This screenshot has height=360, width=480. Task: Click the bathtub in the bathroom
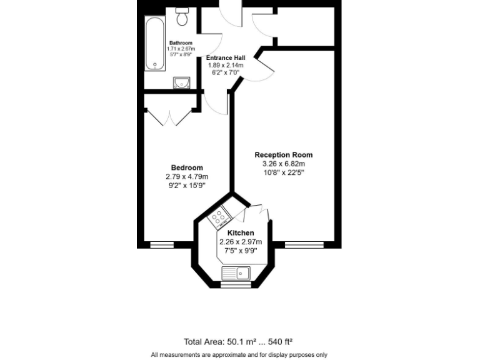click(154, 44)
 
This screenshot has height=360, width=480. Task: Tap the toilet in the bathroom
click(183, 17)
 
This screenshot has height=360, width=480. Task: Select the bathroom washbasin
click(182, 82)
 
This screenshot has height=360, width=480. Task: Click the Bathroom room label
click(181, 43)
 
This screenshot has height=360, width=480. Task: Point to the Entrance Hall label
click(226, 57)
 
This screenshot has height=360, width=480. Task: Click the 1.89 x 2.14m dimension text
click(226, 65)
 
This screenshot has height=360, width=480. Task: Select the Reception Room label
click(283, 155)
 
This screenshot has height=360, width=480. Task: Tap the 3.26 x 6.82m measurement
click(283, 164)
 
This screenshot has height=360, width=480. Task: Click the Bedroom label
click(187, 167)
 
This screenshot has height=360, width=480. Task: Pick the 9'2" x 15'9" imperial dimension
click(187, 185)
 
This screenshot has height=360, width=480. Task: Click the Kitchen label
click(240, 233)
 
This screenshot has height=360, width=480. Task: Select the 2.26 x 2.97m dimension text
click(240, 242)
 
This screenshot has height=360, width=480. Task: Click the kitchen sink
click(236, 272)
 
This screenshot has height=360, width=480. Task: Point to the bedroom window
click(162, 244)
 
